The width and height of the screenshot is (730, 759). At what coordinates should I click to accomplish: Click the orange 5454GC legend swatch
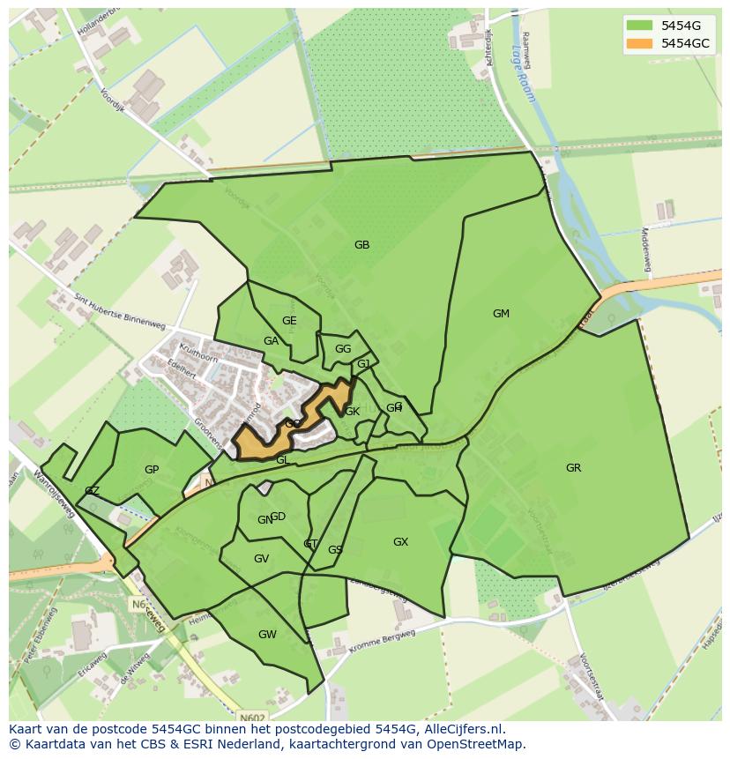[639, 43]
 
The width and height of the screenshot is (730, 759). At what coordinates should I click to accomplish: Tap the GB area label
[361, 245]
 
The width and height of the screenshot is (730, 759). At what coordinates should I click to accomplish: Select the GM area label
[501, 314]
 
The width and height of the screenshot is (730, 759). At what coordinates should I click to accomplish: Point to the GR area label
[573, 468]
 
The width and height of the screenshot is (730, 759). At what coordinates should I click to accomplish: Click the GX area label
[400, 542]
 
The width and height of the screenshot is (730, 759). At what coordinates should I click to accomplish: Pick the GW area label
[267, 635]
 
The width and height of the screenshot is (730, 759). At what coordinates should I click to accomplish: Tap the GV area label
[261, 559]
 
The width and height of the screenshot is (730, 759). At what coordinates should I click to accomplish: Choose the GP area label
[152, 470]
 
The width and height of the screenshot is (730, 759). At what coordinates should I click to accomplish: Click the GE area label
[289, 321]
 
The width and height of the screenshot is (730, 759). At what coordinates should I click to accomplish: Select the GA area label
[271, 341]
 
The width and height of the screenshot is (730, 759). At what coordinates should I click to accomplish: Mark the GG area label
[343, 349]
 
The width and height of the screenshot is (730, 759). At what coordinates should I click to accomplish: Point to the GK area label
[352, 412]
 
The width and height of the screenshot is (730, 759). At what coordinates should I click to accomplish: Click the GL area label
[282, 460]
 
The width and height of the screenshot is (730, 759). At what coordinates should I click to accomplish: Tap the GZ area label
[92, 491]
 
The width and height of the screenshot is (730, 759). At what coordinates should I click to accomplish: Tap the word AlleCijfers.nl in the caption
[464, 729]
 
